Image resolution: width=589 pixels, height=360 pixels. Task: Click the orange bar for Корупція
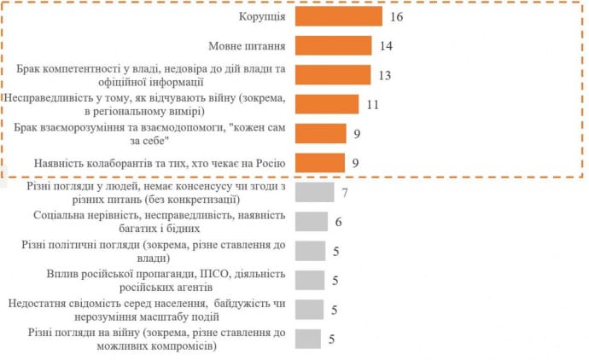click(338, 16)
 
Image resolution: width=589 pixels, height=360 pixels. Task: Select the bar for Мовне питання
click(333, 45)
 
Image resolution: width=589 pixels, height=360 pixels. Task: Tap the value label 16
click(395, 16)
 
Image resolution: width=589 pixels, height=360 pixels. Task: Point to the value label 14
click(385, 45)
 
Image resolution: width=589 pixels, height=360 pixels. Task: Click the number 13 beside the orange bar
click(383, 75)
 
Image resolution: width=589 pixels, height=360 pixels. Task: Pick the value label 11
click(371, 104)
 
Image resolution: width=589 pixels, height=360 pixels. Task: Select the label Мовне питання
click(247, 45)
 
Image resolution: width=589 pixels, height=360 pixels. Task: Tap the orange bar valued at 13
click(332, 75)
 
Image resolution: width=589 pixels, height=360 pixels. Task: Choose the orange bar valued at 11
click(326, 104)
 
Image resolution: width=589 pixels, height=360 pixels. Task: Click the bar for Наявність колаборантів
click(320, 162)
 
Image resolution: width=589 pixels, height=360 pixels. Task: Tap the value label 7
click(345, 192)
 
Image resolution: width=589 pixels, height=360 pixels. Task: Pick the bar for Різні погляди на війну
click(307, 338)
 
